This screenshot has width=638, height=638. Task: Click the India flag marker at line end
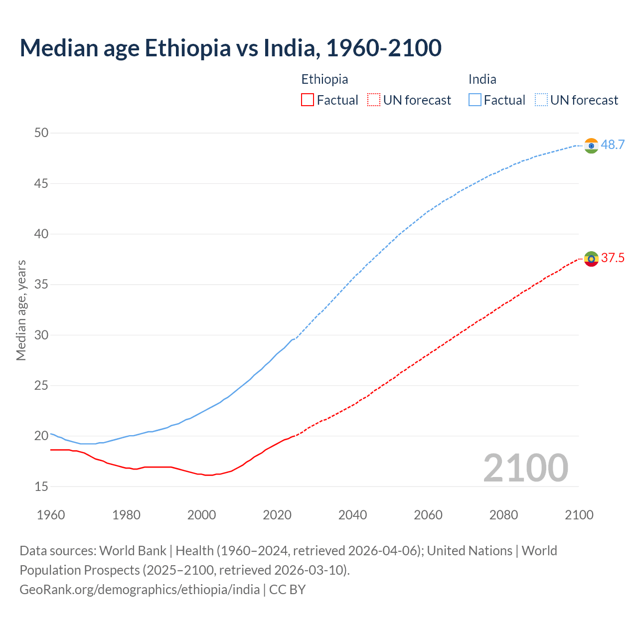pos(591,146)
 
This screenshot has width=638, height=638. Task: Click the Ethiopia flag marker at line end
pos(591,259)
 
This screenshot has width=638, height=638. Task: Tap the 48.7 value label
pos(613,145)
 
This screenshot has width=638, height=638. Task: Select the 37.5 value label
pos(613,258)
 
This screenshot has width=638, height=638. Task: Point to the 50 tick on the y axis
pos(41,133)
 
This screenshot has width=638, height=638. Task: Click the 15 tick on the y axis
pos(41,486)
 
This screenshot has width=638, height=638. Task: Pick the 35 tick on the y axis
pos(41,285)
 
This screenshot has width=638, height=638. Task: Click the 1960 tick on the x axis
pos(51,515)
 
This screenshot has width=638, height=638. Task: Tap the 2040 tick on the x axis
pos(352,515)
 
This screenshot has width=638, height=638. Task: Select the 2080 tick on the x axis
pos(503,515)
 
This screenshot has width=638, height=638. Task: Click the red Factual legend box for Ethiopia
pos(308,100)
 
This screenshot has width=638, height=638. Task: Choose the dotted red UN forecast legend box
pos(374,100)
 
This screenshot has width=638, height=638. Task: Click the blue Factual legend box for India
pos(475,100)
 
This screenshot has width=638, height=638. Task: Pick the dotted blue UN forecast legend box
pos(541,100)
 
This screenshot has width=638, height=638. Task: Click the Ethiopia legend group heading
pos(324,79)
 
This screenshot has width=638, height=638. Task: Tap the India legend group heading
pos(482,79)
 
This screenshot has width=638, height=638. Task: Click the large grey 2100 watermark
pos(525,468)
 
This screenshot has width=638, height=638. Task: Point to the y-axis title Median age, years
pos(21,310)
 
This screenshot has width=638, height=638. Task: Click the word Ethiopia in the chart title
pos(187,48)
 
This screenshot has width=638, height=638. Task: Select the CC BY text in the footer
pos(287,590)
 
